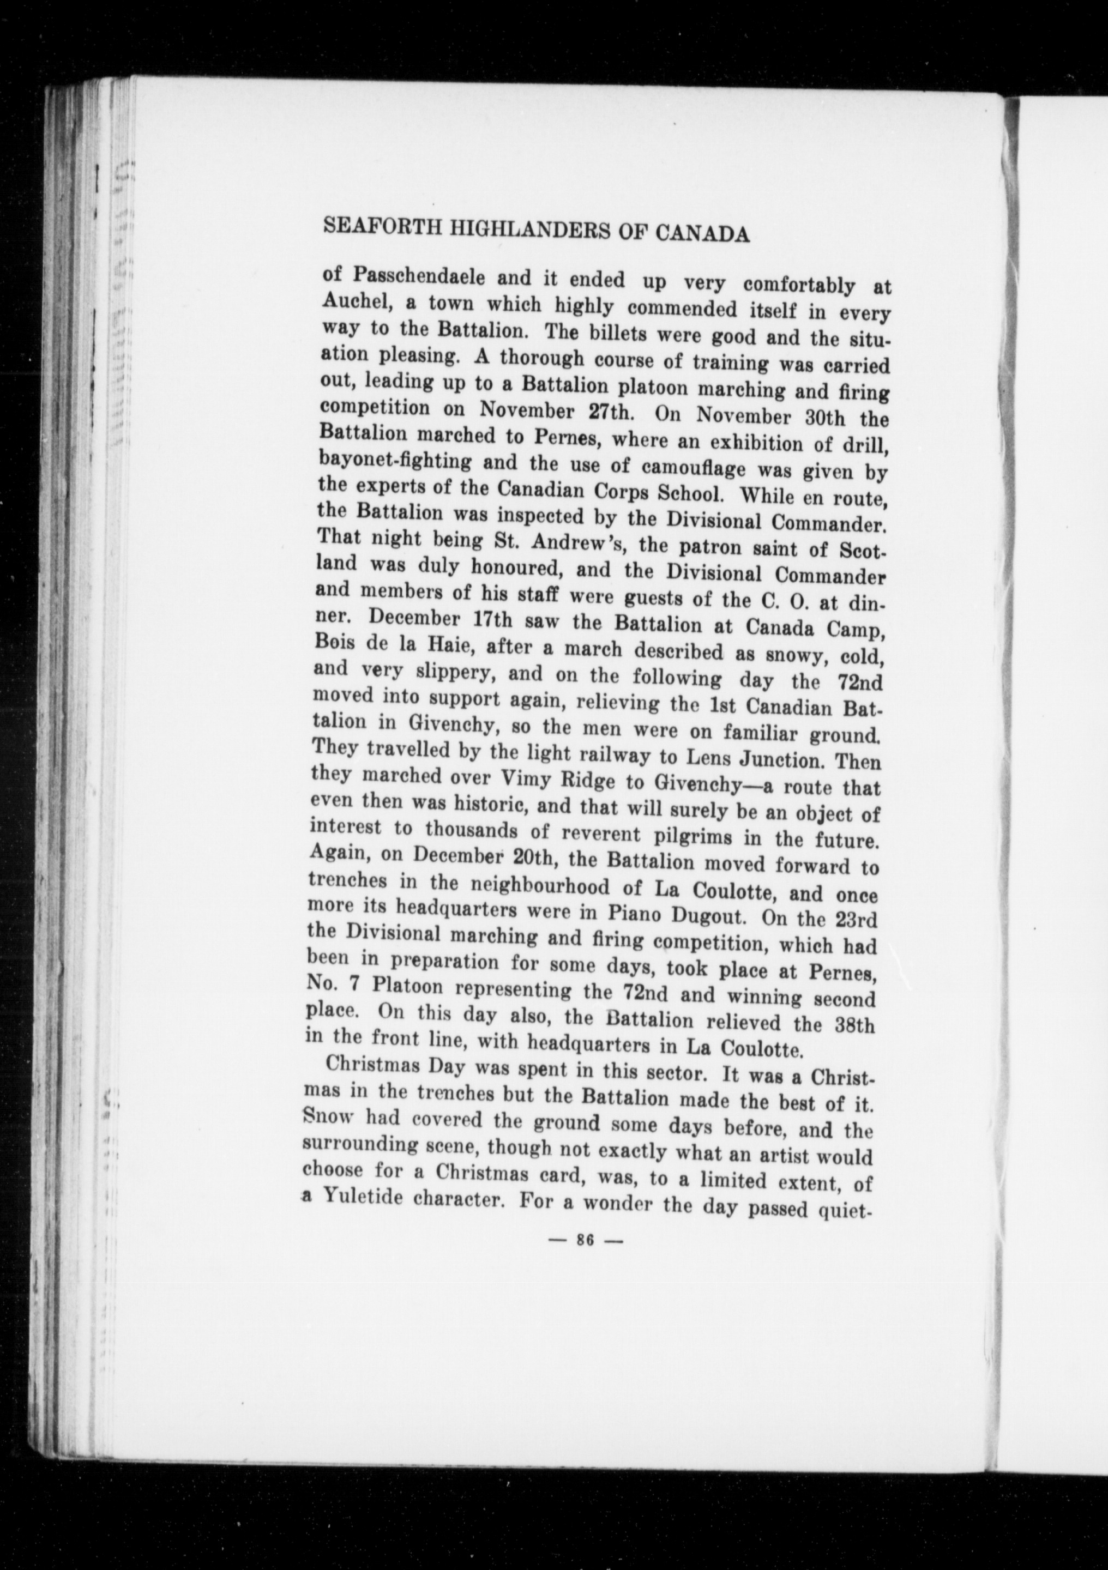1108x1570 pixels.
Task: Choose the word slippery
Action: click(442, 672)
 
